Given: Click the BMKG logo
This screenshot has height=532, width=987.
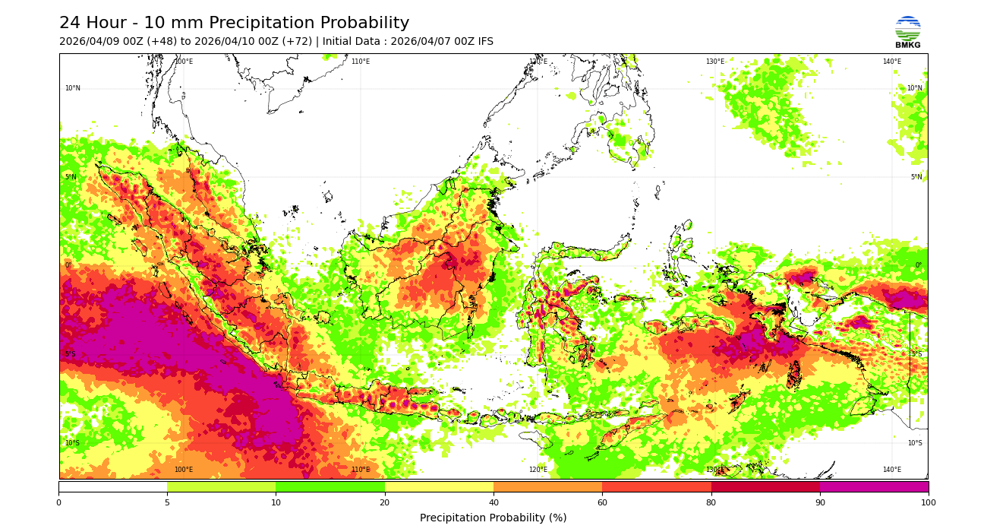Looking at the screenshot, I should [907, 32].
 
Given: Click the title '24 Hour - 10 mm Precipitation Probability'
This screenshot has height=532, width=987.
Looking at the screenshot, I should [234, 24].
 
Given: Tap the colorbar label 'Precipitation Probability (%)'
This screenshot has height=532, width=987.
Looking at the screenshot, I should [493, 518].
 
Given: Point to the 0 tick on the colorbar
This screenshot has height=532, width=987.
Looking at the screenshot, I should [58, 502].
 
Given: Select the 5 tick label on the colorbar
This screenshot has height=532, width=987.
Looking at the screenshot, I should [167, 502].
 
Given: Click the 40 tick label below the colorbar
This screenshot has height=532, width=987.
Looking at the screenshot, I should [493, 502].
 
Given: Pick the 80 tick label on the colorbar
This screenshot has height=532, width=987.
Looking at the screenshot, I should [711, 502].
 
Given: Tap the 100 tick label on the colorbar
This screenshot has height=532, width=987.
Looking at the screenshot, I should [928, 502].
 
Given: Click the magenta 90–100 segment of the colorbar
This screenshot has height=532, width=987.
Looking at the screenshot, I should [874, 486].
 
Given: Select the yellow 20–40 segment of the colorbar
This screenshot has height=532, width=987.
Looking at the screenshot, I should [439, 486].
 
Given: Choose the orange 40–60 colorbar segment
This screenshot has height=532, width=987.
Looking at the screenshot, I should [547, 486].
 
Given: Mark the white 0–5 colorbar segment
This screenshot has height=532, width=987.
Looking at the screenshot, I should [112, 486].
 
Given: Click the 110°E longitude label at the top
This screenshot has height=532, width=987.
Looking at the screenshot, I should [361, 62].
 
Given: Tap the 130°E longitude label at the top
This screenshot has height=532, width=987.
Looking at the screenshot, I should [715, 62].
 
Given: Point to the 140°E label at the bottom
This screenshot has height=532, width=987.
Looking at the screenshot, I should [892, 470].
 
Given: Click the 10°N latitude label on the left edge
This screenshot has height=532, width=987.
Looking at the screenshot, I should [72, 88].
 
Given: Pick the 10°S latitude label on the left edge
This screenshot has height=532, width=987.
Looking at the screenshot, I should [72, 443].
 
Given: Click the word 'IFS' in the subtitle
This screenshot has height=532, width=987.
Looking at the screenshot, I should [484, 42].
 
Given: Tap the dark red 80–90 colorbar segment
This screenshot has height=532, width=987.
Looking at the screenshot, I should [765, 486].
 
